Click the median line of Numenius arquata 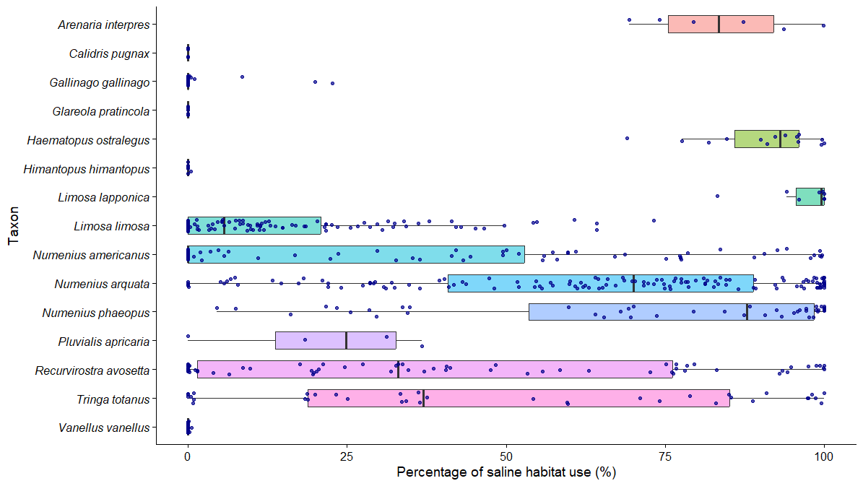click(x=633, y=283)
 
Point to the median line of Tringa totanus click(x=423, y=398)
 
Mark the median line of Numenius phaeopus click(x=747, y=312)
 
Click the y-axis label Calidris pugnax click(x=109, y=53)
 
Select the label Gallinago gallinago click(x=99, y=82)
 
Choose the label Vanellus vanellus click(x=104, y=428)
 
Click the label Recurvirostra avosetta click(x=92, y=370)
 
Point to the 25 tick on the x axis click(x=347, y=456)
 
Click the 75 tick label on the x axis click(x=665, y=456)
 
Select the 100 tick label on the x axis click(x=824, y=456)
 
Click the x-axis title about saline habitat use click(x=506, y=473)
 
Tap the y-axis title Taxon click(x=14, y=226)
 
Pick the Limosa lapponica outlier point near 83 click(x=717, y=196)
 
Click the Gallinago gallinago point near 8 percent click(x=242, y=77)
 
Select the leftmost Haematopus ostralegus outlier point click(x=627, y=138)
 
